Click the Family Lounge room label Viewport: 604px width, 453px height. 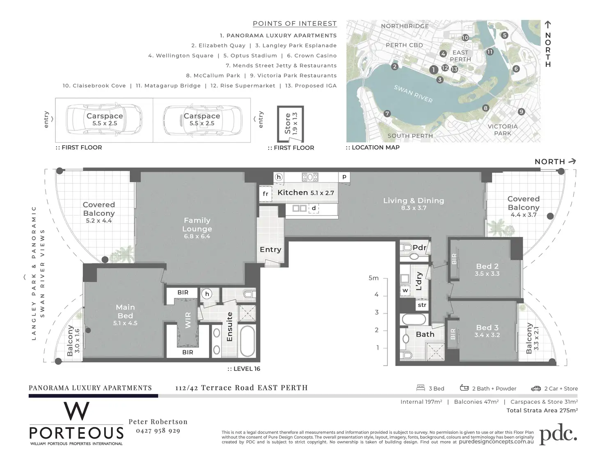pyautogui.click(x=197, y=225)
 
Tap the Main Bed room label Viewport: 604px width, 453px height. pyautogui.click(x=125, y=311)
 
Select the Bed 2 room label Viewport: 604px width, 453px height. pyautogui.click(x=487, y=266)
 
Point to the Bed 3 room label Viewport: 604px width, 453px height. pyautogui.click(x=487, y=327)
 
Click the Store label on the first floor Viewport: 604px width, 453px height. pyautogui.click(x=288, y=124)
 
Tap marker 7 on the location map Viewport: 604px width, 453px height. pyautogui.click(x=387, y=113)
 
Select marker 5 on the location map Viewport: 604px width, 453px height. pyautogui.click(x=504, y=35)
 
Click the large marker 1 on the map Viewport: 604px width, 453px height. pyautogui.click(x=434, y=70)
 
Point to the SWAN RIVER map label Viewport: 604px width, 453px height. pyautogui.click(x=413, y=94)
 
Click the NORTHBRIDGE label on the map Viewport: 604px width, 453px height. pyautogui.click(x=405, y=26)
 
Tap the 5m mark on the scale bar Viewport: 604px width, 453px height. pyautogui.click(x=373, y=278)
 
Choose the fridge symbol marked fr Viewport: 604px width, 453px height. pyautogui.click(x=265, y=194)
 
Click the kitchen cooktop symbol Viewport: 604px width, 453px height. pyautogui.click(x=310, y=177)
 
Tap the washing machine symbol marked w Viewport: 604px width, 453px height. pyautogui.click(x=405, y=291)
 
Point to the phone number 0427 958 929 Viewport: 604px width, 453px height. pyautogui.click(x=158, y=431)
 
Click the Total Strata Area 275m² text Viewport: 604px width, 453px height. pyautogui.click(x=542, y=410)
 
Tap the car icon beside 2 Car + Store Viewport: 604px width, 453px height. pyautogui.click(x=536, y=388)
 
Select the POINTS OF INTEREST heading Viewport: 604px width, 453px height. pyautogui.click(x=295, y=24)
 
